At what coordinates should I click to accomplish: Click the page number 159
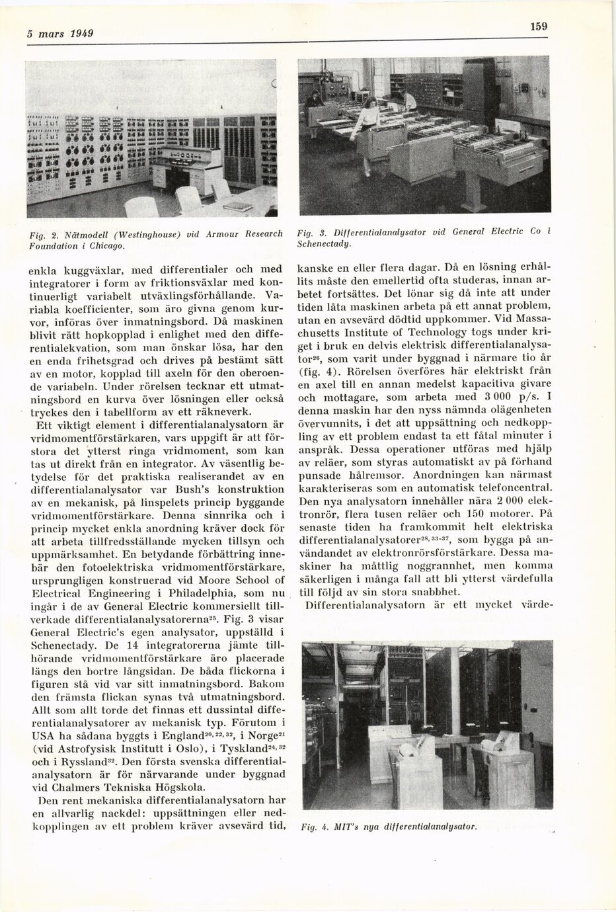[539, 26]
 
